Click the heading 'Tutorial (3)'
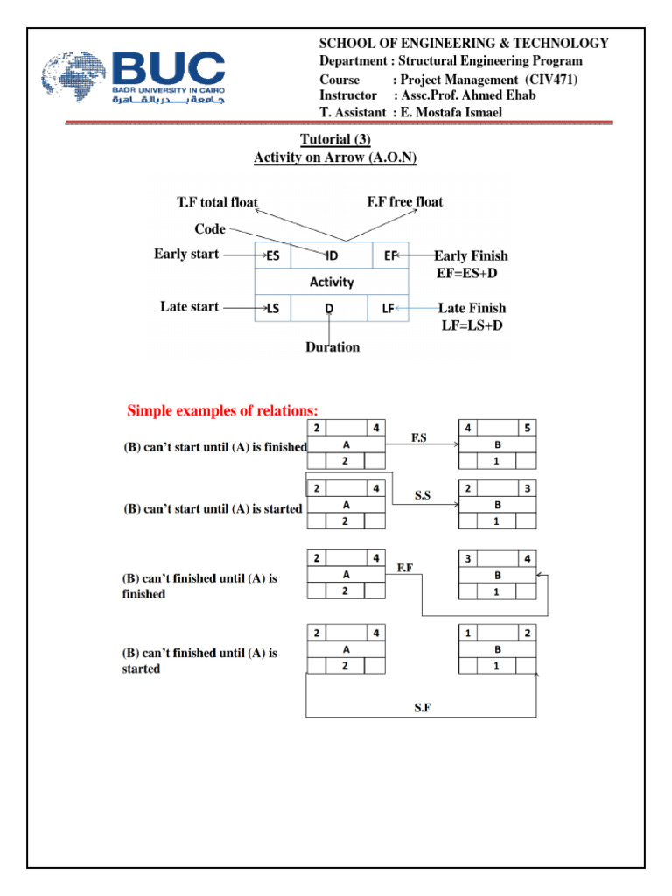[x=335, y=140]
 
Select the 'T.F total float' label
[x=217, y=202]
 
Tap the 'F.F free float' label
[x=404, y=201]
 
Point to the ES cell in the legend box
[x=272, y=255]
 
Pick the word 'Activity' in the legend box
[x=332, y=282]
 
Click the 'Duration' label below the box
[x=332, y=347]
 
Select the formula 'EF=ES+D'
[x=472, y=273]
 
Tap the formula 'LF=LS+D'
[x=472, y=325]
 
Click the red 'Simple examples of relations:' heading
[x=222, y=411]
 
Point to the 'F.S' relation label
[x=419, y=436]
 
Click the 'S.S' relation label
[x=424, y=495]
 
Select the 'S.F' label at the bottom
[x=422, y=707]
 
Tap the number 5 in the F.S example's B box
[x=527, y=429]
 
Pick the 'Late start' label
[x=189, y=307]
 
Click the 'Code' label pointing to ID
[x=210, y=229]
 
